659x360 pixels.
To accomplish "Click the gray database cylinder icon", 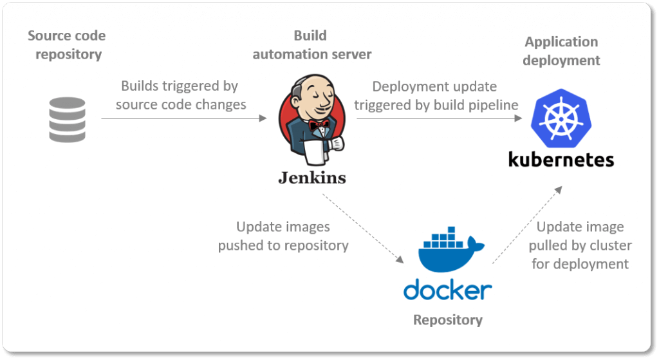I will pyautogui.click(x=68, y=120).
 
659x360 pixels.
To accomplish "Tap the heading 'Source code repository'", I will pyautogui.click(x=67, y=45).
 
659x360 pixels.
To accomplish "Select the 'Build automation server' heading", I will pyautogui.click(x=311, y=45).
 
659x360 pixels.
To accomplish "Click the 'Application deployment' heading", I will pyautogui.click(x=561, y=51).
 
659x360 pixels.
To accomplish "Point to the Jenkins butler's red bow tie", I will pyautogui.click(x=318, y=125).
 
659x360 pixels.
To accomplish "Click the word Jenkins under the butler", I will pyautogui.click(x=311, y=177).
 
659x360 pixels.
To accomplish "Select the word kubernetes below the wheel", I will pyautogui.click(x=561, y=159).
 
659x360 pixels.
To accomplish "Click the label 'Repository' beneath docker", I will pyautogui.click(x=447, y=320).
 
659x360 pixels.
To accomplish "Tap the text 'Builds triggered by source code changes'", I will pyautogui.click(x=180, y=95).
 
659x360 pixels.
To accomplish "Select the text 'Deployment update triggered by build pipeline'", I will pyautogui.click(x=436, y=95).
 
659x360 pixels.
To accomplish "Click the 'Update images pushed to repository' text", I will pyautogui.click(x=283, y=236).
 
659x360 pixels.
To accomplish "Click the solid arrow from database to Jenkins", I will pyautogui.click(x=183, y=118).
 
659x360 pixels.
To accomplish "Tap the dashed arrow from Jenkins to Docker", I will pyautogui.click(x=363, y=229).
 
